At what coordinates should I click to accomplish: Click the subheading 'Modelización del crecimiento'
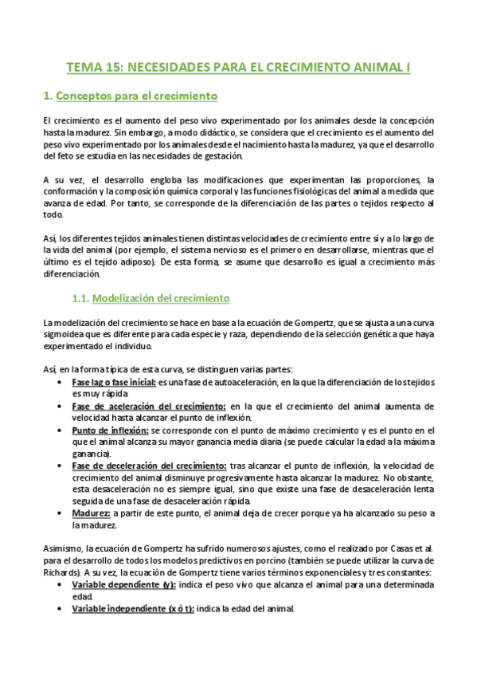click(162, 299)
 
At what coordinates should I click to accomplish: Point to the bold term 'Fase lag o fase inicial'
click(114, 383)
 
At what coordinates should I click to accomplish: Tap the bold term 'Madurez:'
click(92, 514)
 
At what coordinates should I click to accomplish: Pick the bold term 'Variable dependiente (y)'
click(123, 585)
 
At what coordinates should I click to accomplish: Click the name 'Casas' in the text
click(396, 549)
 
